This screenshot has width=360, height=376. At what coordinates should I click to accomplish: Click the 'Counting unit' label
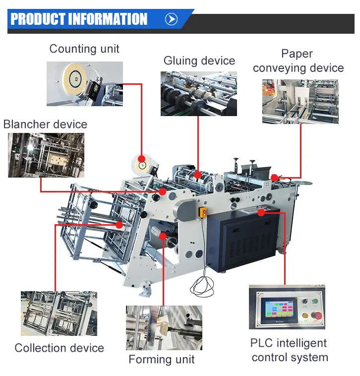point(84,49)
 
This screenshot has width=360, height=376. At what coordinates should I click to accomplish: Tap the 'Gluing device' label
point(199,61)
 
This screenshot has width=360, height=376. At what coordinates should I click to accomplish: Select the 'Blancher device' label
point(45,124)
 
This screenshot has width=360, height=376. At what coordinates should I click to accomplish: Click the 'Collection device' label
point(59,348)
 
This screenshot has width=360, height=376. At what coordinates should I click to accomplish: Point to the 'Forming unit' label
point(162,360)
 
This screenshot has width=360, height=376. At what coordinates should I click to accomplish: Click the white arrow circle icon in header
point(171,19)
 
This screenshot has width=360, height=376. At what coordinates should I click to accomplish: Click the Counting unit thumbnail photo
point(84,83)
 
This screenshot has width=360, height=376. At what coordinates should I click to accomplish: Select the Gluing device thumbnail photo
point(198,94)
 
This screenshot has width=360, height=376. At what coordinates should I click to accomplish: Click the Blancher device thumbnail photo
point(46,155)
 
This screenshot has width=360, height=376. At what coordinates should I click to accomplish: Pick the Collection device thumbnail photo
point(59,313)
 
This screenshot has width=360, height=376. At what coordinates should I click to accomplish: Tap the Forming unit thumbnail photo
point(164,327)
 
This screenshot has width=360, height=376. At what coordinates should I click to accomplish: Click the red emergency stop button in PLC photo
point(315,315)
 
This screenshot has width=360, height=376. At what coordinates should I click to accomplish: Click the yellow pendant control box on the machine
point(203,213)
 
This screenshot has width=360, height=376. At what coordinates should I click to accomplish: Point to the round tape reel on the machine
point(142,164)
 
